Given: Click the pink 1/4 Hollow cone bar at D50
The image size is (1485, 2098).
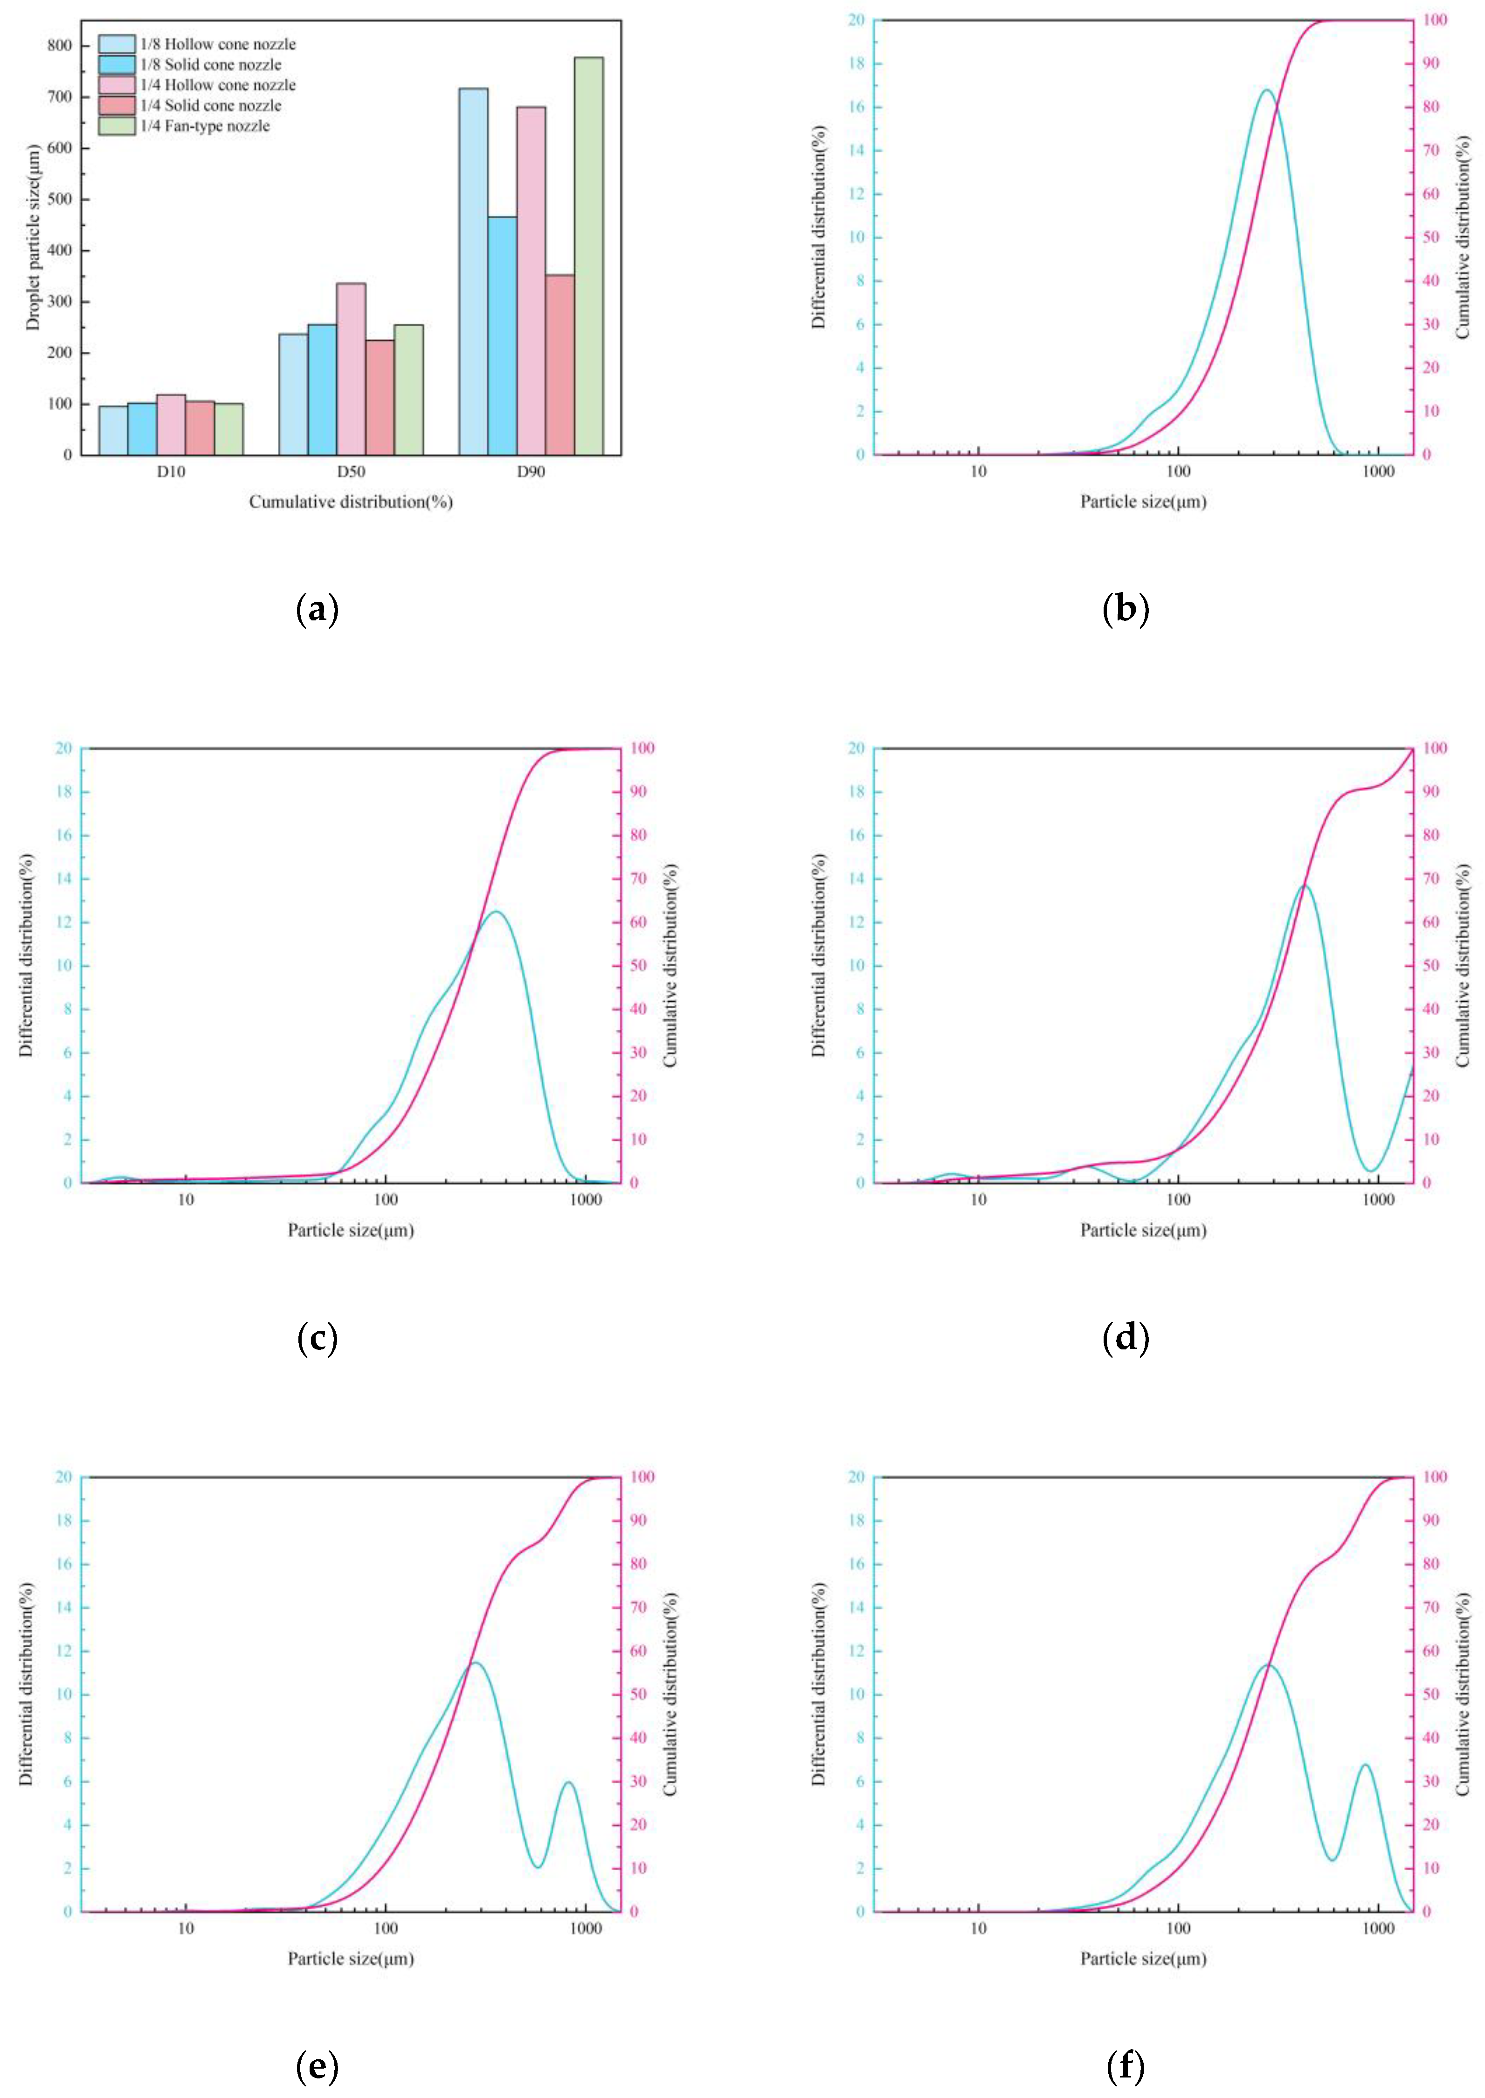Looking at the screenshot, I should click(x=351, y=368).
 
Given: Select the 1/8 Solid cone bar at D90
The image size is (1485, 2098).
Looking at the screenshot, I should click(x=502, y=336).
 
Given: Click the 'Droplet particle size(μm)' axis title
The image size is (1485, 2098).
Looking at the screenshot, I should click(x=33, y=237).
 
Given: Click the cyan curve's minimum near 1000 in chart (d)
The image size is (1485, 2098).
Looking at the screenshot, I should click(x=1369, y=1170).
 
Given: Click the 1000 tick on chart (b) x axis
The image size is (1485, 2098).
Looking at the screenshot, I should click(x=1378, y=472).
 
